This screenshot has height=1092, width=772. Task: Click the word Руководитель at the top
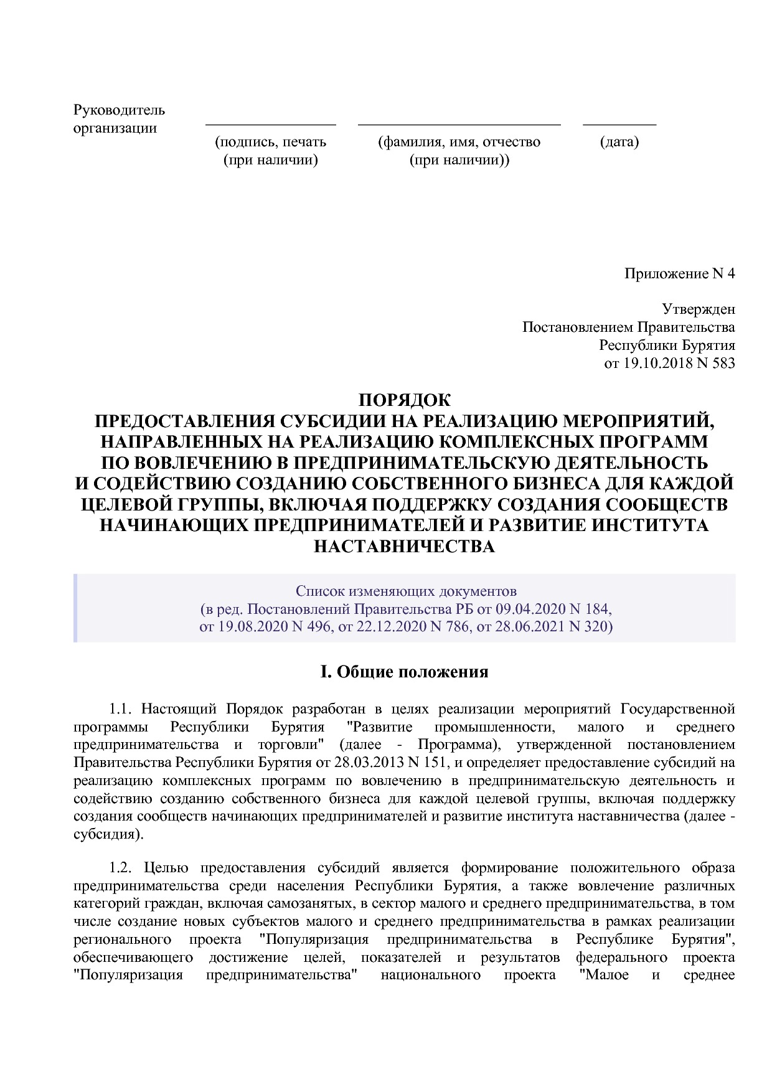point(119,111)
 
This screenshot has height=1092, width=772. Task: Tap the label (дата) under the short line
point(619,142)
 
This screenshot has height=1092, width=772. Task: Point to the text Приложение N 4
point(679,274)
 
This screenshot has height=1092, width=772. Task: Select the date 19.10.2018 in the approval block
point(657,364)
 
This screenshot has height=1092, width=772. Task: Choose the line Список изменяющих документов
point(406,590)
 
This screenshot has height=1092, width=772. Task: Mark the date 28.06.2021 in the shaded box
point(530,626)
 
